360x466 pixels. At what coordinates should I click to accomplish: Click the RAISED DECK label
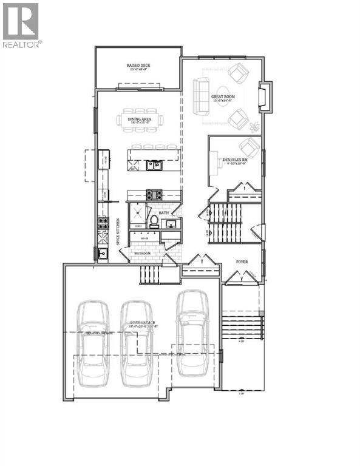click(x=138, y=64)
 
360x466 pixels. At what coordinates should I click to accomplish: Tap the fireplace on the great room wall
click(x=265, y=98)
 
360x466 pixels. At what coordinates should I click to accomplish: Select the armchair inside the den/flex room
click(x=249, y=147)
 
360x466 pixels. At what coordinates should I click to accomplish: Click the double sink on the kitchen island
click(x=154, y=164)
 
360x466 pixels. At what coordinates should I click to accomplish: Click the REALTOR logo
click(x=21, y=25)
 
